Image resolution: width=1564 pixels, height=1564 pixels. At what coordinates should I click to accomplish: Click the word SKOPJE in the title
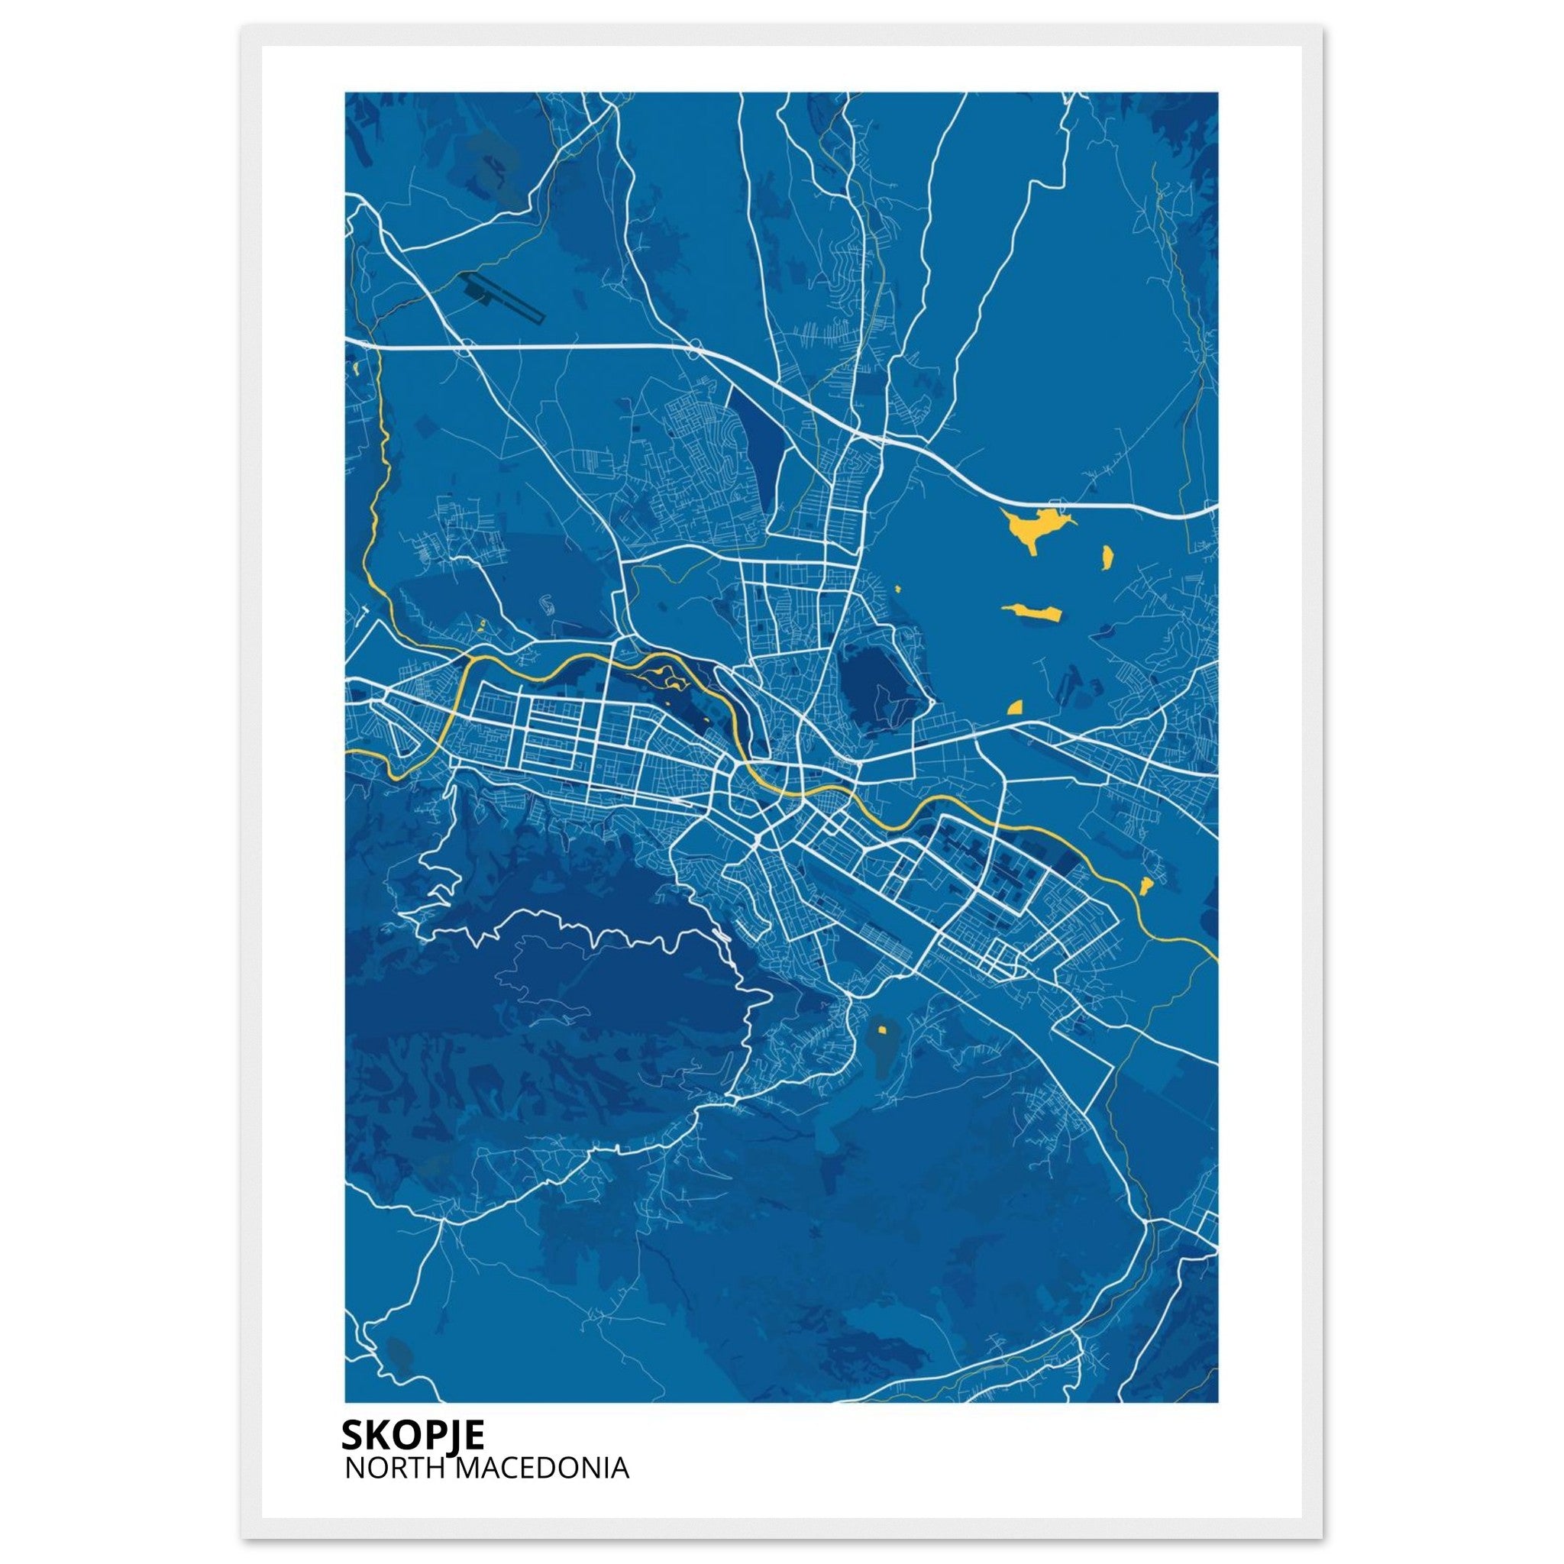[x=413, y=1434]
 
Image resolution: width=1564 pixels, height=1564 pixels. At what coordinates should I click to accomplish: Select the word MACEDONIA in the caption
[x=544, y=1469]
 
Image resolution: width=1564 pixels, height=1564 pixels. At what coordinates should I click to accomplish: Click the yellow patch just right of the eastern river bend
[x=1146, y=886]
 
